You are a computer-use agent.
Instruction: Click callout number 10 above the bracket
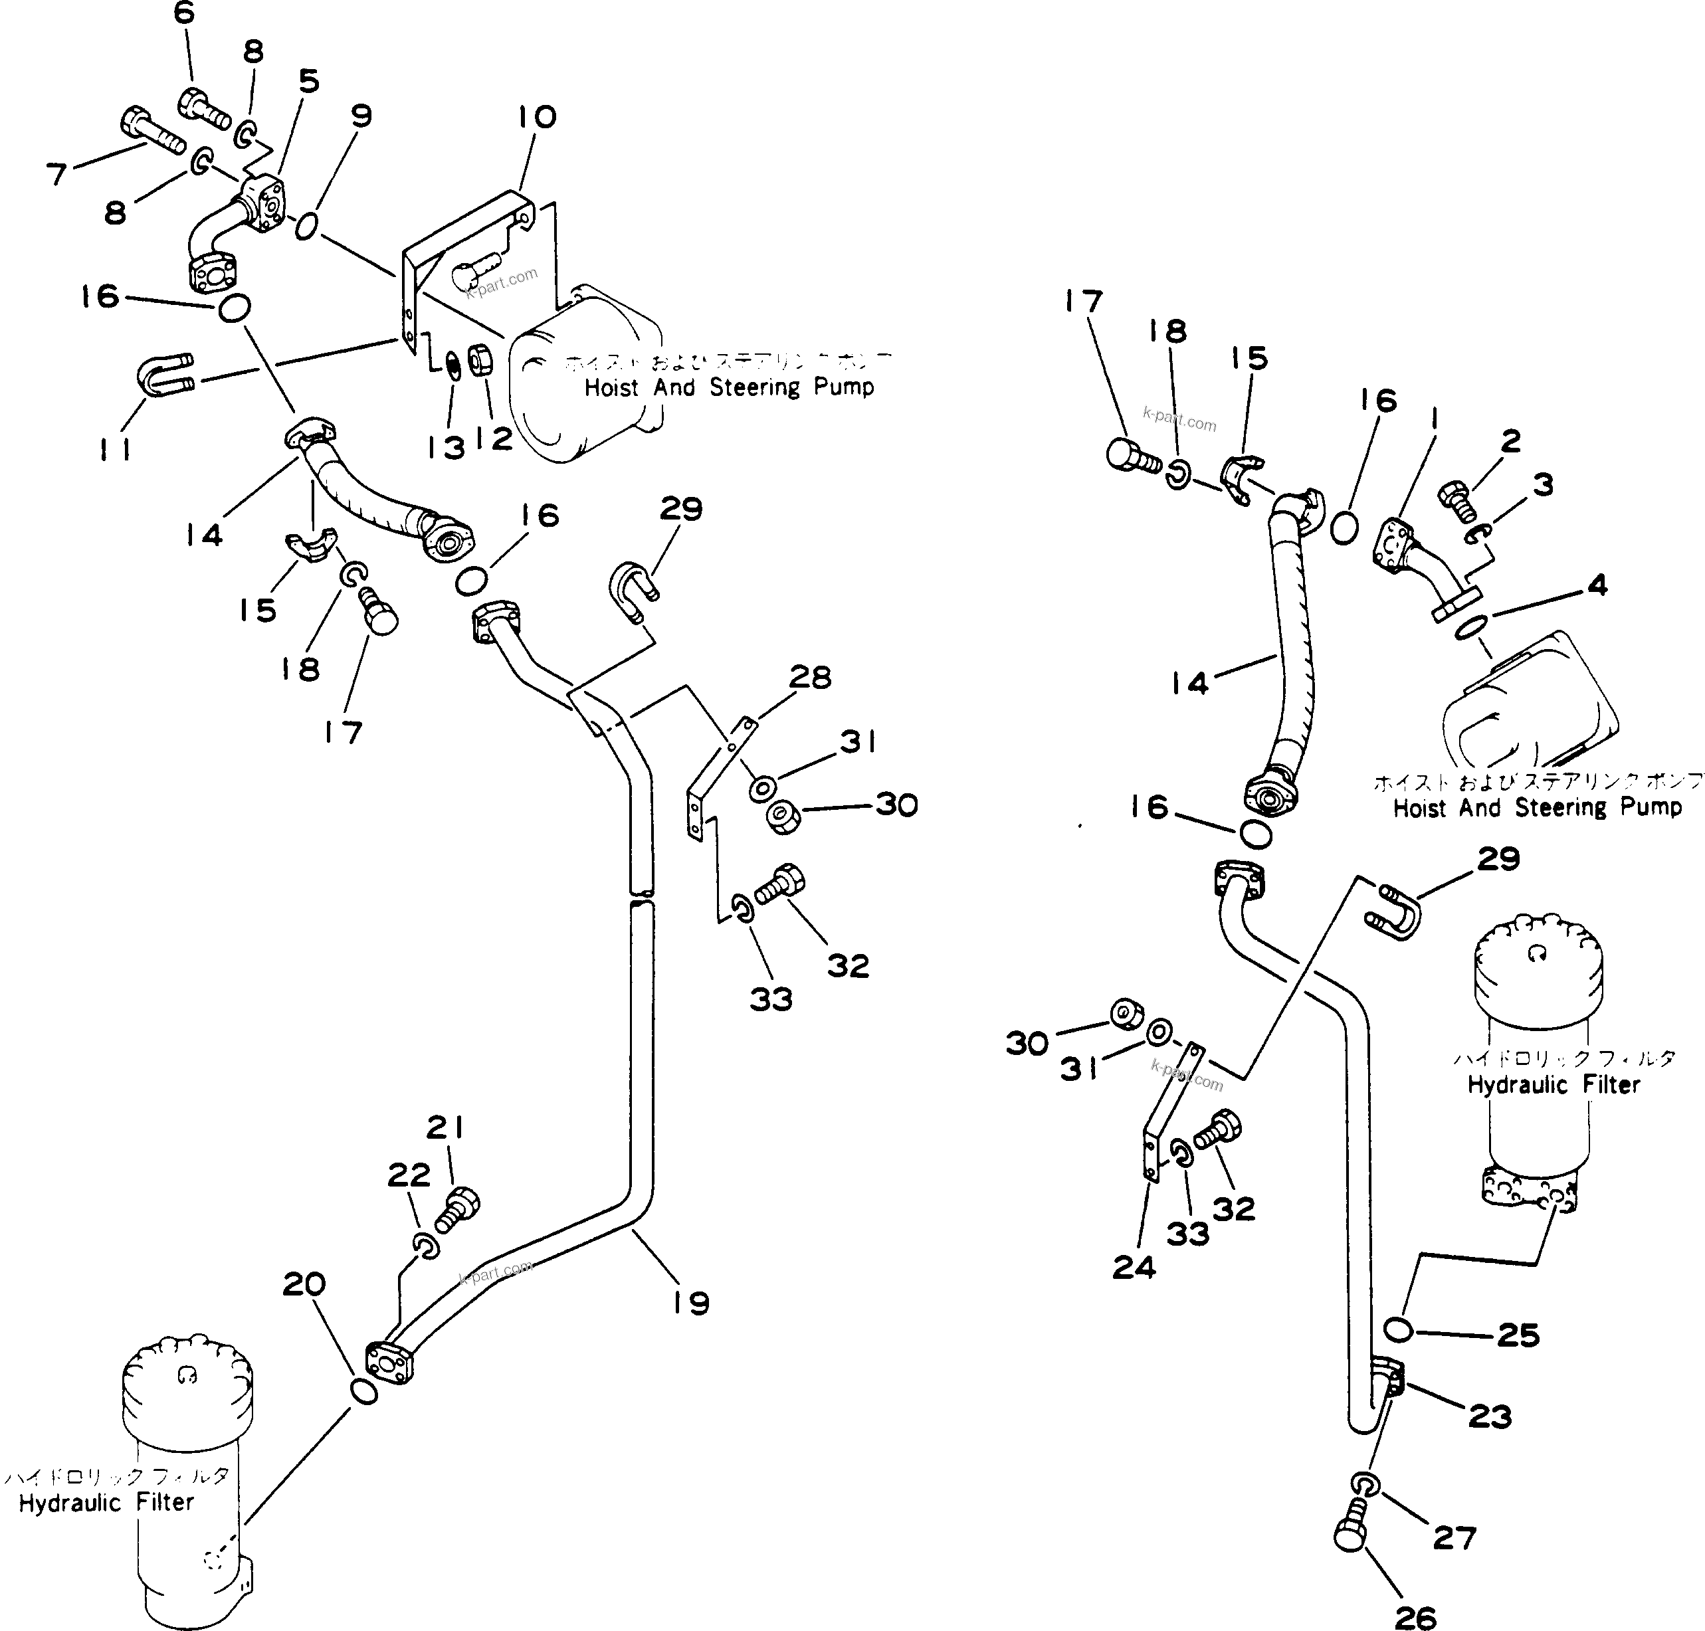tap(536, 116)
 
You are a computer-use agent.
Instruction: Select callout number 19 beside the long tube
tap(690, 1302)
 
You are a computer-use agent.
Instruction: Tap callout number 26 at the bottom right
tap(1415, 1615)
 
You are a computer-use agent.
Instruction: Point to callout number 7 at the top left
tap(56, 175)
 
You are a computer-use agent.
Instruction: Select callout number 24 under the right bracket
tap(1134, 1268)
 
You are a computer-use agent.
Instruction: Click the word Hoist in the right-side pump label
tap(1420, 808)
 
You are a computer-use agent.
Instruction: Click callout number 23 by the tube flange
tap(1489, 1417)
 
